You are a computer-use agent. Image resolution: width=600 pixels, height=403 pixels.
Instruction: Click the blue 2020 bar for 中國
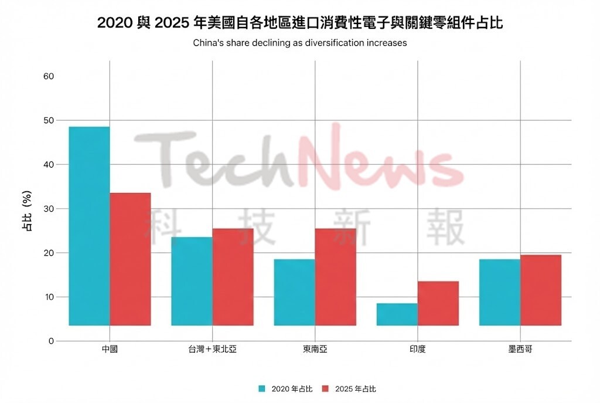coord(89,226)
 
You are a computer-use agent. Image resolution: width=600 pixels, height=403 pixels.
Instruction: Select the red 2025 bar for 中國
coord(130,259)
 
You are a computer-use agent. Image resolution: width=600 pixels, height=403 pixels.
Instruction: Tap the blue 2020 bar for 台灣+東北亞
coord(192,281)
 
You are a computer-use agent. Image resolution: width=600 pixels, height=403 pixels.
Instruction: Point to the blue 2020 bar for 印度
coord(397,314)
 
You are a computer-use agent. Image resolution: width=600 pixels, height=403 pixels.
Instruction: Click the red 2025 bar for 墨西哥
coord(541,290)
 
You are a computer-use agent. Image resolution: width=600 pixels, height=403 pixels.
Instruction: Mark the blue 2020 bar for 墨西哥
coord(500,292)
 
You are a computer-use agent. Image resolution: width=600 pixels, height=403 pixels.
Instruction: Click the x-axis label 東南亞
coord(315,350)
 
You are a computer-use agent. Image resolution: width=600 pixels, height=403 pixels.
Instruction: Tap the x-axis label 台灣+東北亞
coord(212,350)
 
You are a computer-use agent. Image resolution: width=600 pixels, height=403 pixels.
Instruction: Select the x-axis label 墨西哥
coord(520,350)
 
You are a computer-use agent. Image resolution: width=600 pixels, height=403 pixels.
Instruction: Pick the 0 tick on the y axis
coord(51,341)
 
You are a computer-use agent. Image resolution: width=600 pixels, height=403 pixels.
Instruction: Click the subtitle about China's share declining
coord(299,43)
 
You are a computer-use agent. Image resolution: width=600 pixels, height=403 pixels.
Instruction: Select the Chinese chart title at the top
coord(300,23)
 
